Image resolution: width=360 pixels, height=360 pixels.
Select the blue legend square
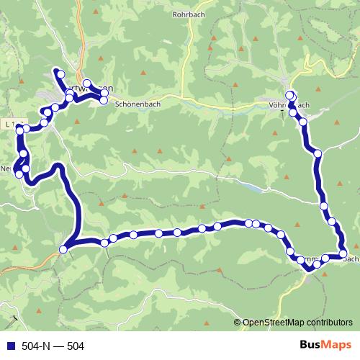pos(9,346)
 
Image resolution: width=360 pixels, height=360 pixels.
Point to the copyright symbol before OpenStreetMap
pos(238,323)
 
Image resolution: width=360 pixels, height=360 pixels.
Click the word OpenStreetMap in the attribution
pos(274,323)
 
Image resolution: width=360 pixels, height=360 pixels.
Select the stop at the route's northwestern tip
pos(61,74)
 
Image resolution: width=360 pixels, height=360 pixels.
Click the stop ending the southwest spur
pos(63,249)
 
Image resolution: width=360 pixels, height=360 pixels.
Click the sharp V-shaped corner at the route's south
pos(309,269)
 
